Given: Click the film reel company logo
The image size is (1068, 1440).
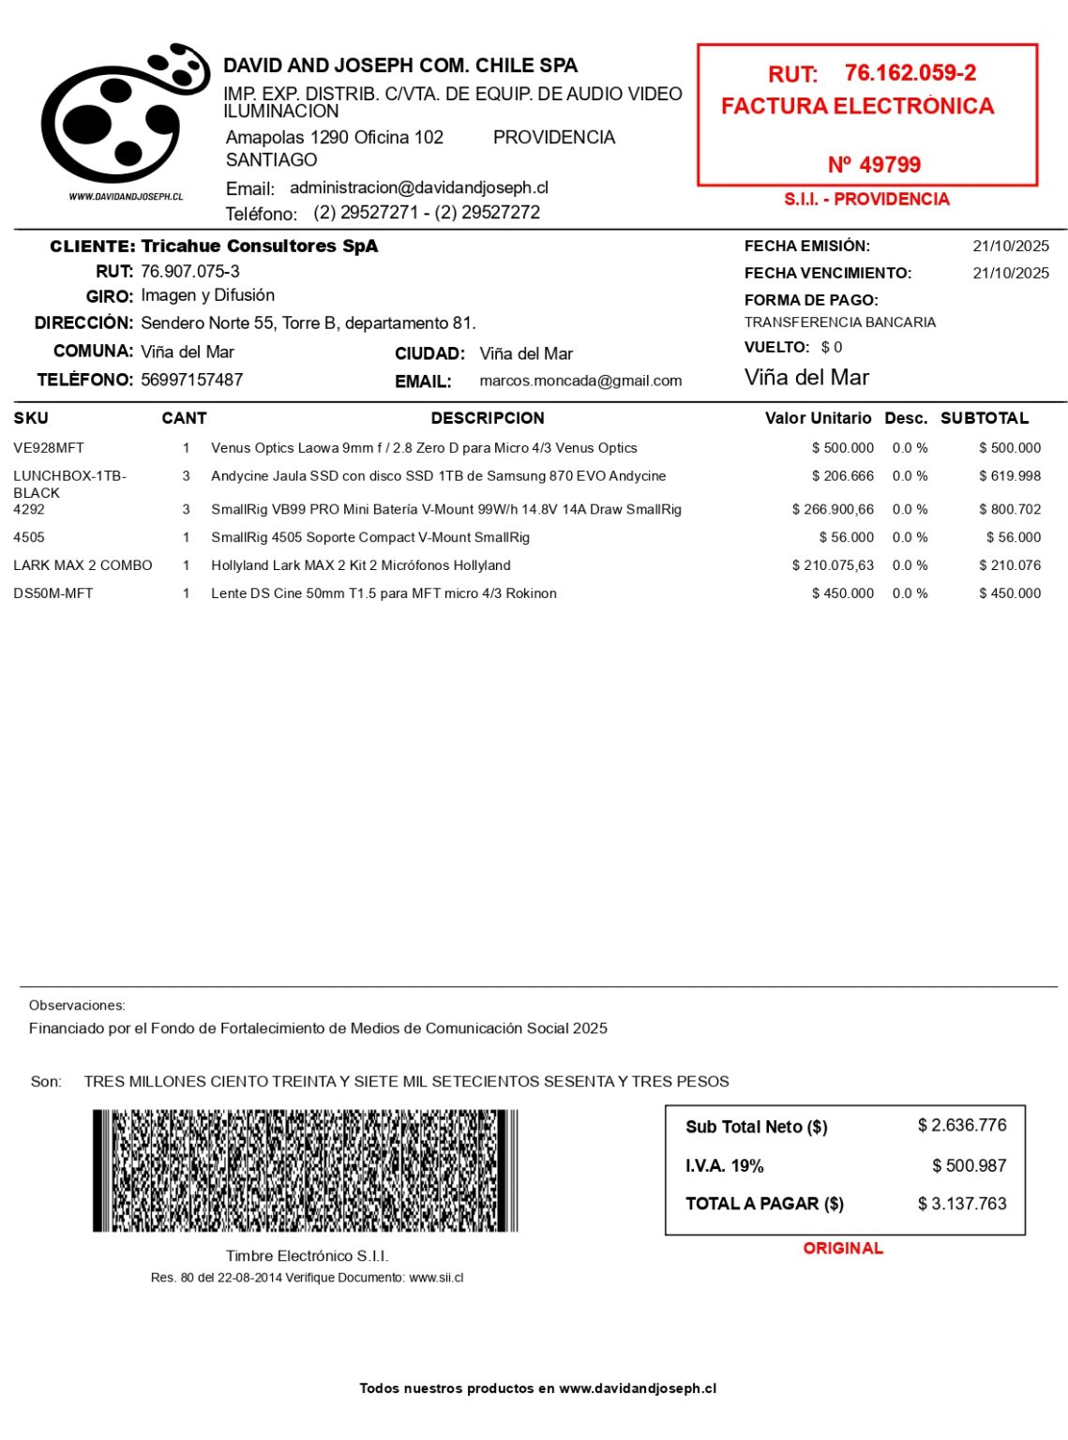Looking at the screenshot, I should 124,114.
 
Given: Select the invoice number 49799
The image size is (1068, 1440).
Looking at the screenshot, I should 874,165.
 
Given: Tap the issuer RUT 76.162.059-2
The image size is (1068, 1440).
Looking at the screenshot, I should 910,73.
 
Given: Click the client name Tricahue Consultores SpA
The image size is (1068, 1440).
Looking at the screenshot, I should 259,247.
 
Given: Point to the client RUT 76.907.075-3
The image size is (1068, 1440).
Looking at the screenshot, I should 190,272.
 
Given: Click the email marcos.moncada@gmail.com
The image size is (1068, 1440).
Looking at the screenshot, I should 580,381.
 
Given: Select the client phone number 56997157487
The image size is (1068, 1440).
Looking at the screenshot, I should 191,380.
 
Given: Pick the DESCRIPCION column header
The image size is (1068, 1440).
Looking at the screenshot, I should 487,418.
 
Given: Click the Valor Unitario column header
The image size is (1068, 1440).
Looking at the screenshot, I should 818,418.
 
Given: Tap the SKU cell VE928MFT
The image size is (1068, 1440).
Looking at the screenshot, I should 49,448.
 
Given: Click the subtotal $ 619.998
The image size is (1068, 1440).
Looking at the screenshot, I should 1009,476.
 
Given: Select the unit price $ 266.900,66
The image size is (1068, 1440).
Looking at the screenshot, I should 833,510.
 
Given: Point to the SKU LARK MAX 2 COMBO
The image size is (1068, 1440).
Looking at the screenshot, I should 83,565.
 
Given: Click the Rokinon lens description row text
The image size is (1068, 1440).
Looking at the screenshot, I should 384,593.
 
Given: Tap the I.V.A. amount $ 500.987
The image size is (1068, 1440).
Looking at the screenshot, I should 969,1165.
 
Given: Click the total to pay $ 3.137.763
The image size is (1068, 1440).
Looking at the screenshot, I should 961,1204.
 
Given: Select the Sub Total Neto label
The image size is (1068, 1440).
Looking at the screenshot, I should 756,1127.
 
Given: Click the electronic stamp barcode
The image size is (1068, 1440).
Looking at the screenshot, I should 305,1170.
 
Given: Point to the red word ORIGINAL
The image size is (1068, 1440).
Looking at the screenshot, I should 843,1248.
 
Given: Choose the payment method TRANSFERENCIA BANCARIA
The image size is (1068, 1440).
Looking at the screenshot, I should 839,322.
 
